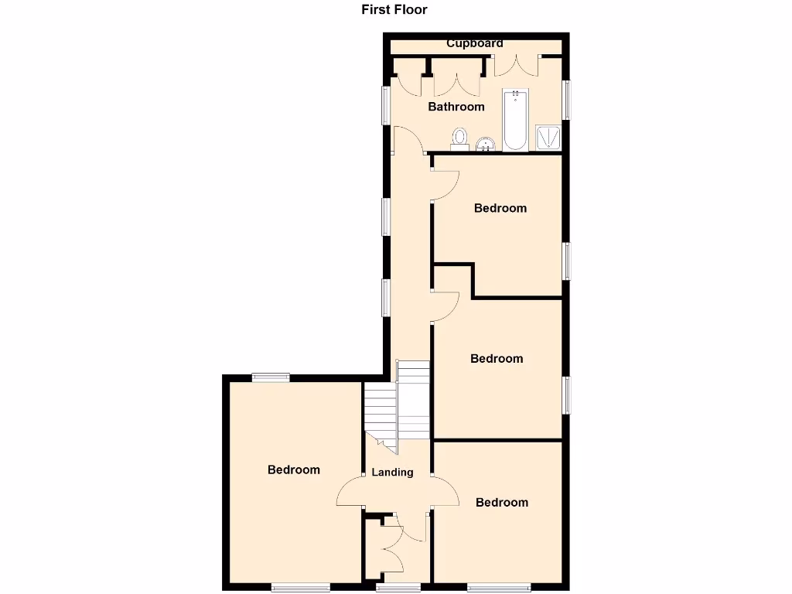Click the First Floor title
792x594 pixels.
394,10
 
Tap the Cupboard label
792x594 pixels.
475,43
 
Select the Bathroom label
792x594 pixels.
456,107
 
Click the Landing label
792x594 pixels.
392,472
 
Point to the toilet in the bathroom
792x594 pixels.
460,139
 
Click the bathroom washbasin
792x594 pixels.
486,144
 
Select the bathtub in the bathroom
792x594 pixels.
516,121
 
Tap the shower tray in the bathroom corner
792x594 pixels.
548,138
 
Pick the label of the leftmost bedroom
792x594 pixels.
294,469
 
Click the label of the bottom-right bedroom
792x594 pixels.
502,502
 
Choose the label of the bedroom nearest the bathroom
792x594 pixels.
500,207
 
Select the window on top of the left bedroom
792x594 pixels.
270,377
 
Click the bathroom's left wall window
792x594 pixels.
385,104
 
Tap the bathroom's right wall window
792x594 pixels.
567,100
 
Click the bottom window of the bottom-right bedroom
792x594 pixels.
499,586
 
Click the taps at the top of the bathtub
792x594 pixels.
515,95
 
